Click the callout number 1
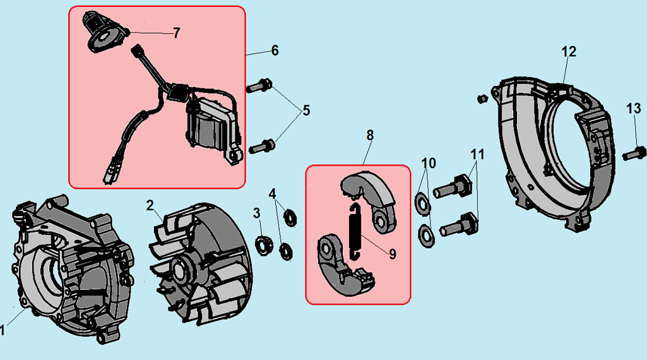coord(3,330)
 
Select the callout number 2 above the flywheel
coord(150,205)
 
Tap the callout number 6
coord(275,50)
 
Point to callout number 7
coord(176,33)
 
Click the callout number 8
coord(370,135)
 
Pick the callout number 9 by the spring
coord(392,254)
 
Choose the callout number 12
coord(569,51)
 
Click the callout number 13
coord(632,109)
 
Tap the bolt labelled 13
coord(634,152)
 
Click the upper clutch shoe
coord(369,193)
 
